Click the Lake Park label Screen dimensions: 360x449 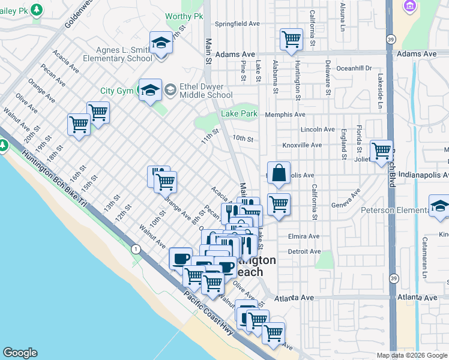(x=239, y=113)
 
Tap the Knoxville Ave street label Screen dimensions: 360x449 (x=302, y=145)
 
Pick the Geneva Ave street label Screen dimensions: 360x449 (x=347, y=200)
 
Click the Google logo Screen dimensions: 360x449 (x=20, y=353)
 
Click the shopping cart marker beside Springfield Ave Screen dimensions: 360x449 (x=291, y=39)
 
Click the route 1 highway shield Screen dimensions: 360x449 (x=137, y=248)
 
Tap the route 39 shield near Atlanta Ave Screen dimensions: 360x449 (x=393, y=278)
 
